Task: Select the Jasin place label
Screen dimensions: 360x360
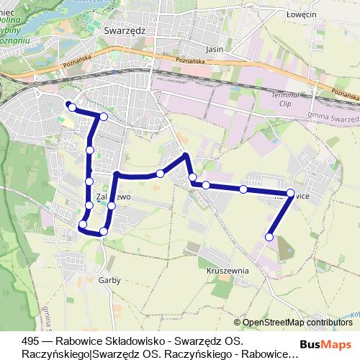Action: click(x=215, y=50)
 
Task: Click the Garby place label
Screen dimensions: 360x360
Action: click(x=109, y=279)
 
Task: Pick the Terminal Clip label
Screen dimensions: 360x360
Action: click(x=284, y=99)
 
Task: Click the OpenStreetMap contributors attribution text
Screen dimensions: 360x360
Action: click(x=297, y=323)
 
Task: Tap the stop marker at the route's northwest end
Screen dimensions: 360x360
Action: click(x=71, y=107)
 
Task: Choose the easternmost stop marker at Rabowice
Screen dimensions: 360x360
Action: click(x=291, y=192)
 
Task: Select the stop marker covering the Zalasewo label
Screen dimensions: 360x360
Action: click(x=112, y=206)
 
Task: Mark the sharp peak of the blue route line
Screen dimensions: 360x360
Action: click(x=186, y=155)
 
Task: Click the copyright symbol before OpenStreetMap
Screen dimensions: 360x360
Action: click(x=237, y=323)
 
